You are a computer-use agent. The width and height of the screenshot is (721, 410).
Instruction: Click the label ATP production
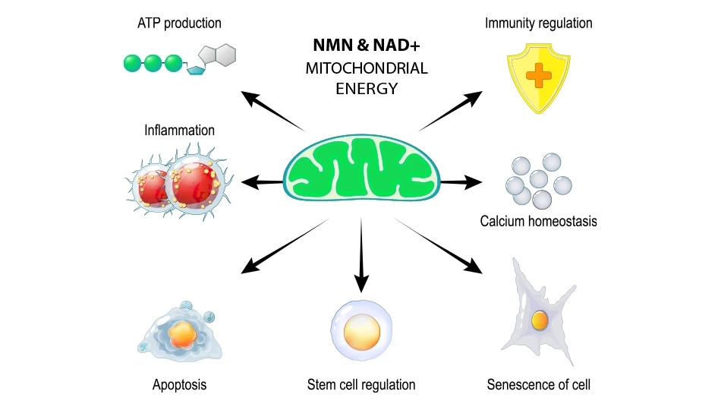(179, 23)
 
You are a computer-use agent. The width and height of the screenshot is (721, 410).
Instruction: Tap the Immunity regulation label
(539, 23)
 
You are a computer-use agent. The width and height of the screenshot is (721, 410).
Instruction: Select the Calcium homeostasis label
(539, 222)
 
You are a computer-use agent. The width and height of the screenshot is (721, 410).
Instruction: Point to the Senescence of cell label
(539, 384)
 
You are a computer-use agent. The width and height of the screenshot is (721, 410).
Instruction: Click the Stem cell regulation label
(361, 384)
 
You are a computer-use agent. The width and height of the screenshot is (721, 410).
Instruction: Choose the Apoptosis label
(179, 384)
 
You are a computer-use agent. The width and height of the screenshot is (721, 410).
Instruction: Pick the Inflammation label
(179, 131)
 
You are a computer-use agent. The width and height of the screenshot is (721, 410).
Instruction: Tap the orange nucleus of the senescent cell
(540, 320)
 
